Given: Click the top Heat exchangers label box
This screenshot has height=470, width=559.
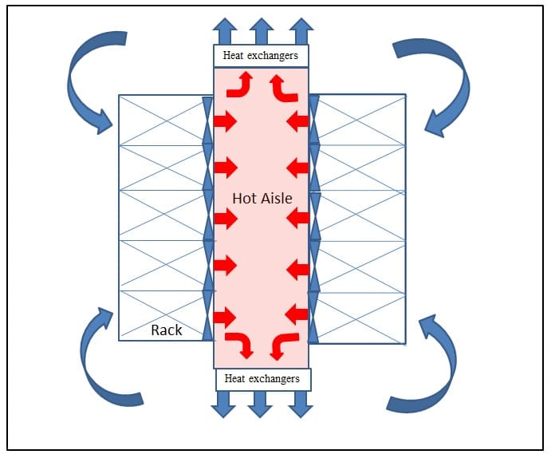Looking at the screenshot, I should [261, 56].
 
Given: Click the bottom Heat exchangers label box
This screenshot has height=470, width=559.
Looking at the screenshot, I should [262, 379].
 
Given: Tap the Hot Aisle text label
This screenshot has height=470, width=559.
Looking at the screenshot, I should [262, 197].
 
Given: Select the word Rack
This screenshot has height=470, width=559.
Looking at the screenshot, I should [166, 329].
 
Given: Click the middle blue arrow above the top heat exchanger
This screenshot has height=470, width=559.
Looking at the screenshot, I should [261, 32].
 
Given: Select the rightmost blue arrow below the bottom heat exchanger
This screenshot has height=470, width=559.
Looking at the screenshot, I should [300, 404].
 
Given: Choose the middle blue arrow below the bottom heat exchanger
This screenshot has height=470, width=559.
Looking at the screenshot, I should [261, 404].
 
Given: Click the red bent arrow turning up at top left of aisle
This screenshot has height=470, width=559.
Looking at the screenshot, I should [239, 85].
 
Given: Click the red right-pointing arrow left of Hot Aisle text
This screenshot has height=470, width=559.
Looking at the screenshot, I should [225, 218].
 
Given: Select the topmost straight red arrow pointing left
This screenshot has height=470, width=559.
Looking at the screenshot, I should [297, 121].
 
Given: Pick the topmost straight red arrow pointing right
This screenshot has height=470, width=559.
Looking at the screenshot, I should [225, 121].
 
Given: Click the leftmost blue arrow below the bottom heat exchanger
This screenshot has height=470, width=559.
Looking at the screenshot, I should [222, 404].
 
